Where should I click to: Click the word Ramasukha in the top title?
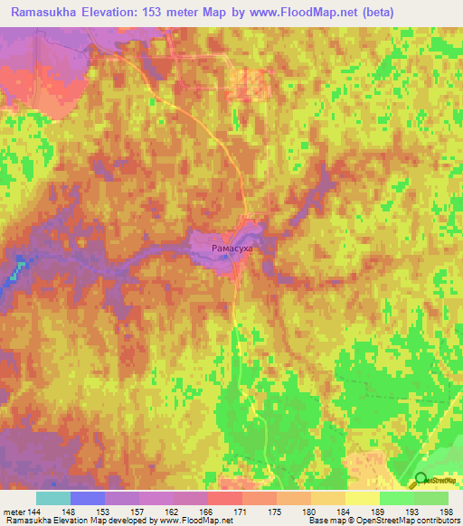pos(46,12)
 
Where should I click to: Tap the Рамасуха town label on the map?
pos(231,245)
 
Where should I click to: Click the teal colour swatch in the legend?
pos(53,498)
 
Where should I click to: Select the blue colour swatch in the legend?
pos(88,498)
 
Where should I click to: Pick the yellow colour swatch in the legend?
pos(363,498)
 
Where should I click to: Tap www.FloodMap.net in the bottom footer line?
pos(193,521)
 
